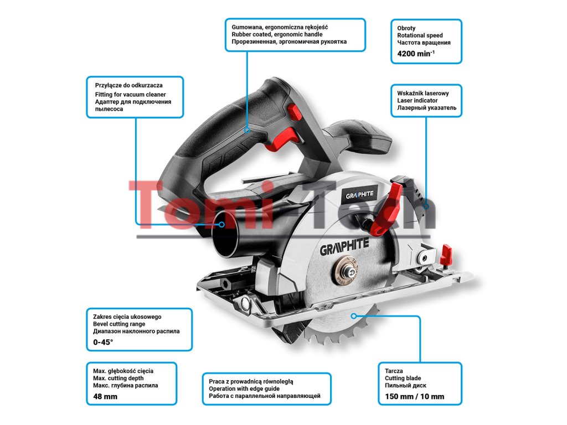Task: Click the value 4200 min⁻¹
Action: (416, 54)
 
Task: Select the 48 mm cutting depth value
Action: (105, 396)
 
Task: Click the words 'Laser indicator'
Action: (417, 101)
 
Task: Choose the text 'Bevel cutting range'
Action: (119, 324)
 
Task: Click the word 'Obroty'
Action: (406, 28)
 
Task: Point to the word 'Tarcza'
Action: (394, 371)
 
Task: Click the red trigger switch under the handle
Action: (280, 141)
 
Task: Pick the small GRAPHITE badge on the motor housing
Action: (360, 195)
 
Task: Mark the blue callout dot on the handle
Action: (247, 131)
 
